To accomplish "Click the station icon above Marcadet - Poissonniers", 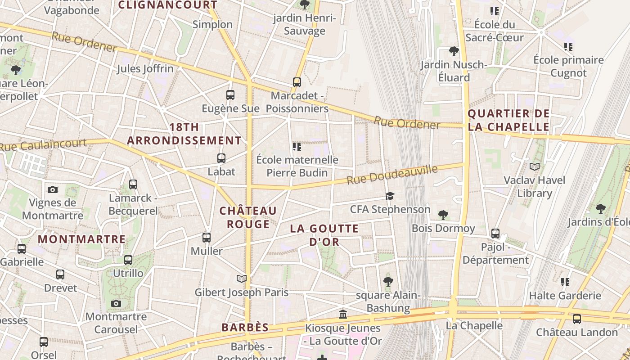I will click(297, 82).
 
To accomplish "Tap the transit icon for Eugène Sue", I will click(230, 95).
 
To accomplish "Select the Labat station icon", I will click(221, 158).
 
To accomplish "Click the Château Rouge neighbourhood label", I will click(248, 217).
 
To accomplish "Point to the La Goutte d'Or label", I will click(324, 235).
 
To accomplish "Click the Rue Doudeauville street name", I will click(392, 175).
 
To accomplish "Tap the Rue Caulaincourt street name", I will click(43, 145).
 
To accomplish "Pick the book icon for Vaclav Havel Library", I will click(534, 167).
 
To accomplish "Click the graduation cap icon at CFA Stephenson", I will click(390, 196).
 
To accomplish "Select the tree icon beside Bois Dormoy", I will click(443, 215).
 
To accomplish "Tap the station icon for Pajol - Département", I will click(495, 233).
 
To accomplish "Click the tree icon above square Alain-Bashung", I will click(388, 282).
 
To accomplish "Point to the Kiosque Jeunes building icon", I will click(343, 314).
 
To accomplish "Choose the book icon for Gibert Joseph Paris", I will click(242, 279).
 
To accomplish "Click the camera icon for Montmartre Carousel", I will click(116, 303).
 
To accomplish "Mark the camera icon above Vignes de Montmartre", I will click(53, 189).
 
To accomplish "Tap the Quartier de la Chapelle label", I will click(508, 120).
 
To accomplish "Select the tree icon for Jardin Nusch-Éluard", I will click(454, 51).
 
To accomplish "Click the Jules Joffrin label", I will click(145, 69).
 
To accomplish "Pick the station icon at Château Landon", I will click(576, 319).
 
